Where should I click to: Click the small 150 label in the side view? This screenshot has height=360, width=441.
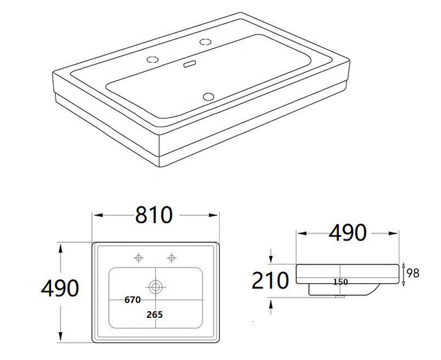pos(341,281)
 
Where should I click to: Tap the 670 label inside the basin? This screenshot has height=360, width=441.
pos(132,299)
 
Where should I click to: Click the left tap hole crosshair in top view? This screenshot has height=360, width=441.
pos(140,258)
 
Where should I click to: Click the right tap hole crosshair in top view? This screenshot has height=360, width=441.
pos(171,258)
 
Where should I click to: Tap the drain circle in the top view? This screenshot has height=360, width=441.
pos(156,286)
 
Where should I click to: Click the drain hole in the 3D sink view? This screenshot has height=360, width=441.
pos(208,95)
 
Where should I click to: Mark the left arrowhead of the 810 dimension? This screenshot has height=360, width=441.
pos(95,216)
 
